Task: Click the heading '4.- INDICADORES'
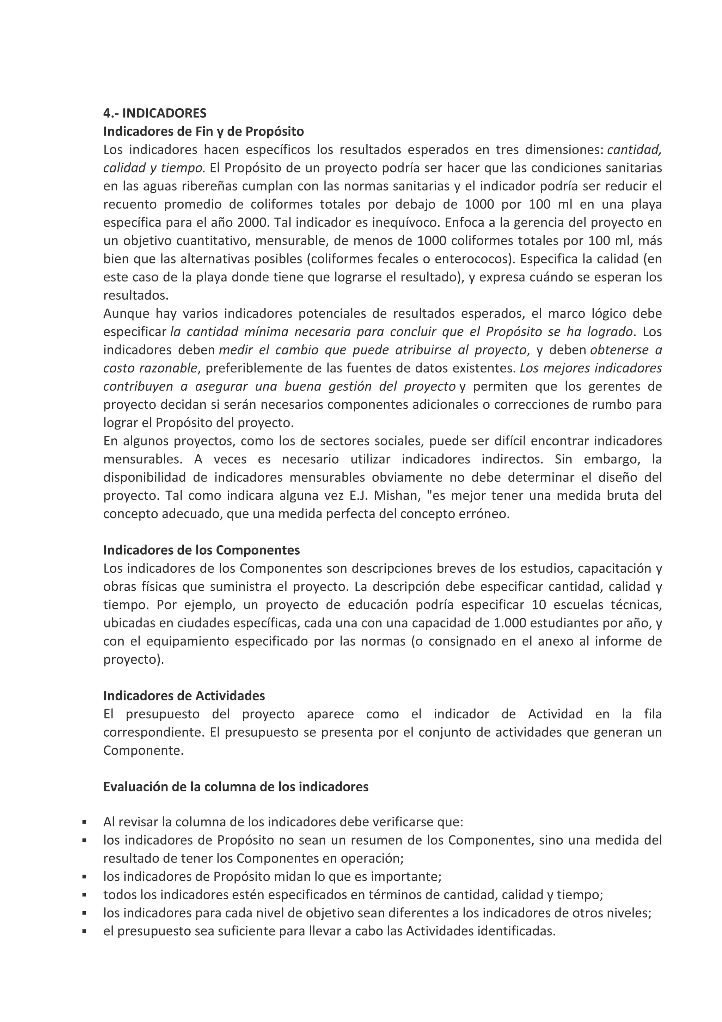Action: (155, 113)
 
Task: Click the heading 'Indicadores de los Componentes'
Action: (202, 550)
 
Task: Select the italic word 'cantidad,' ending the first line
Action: (634, 150)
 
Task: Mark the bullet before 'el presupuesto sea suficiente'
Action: (84, 932)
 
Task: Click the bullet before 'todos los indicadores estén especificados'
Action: (84, 895)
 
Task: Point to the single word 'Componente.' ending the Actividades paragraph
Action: (143, 750)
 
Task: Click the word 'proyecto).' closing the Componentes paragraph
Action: (134, 659)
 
